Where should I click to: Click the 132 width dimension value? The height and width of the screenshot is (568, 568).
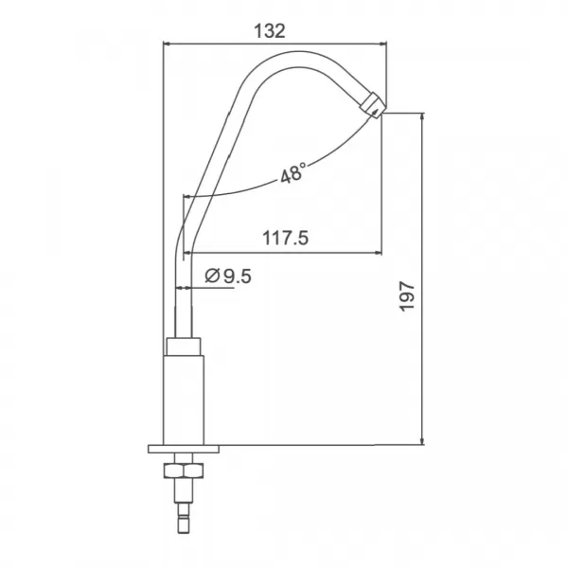click(270, 30)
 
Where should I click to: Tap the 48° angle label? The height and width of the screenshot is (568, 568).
click(293, 174)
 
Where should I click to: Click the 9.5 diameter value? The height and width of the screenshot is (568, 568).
click(238, 276)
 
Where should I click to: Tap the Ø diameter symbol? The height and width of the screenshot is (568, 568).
click(213, 276)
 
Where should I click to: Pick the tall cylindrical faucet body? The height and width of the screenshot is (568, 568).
click(185, 398)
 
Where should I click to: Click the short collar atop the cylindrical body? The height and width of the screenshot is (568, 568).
click(185, 346)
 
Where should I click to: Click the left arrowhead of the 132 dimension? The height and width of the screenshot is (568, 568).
click(169, 44)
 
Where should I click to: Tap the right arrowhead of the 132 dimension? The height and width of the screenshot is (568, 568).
click(383, 44)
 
